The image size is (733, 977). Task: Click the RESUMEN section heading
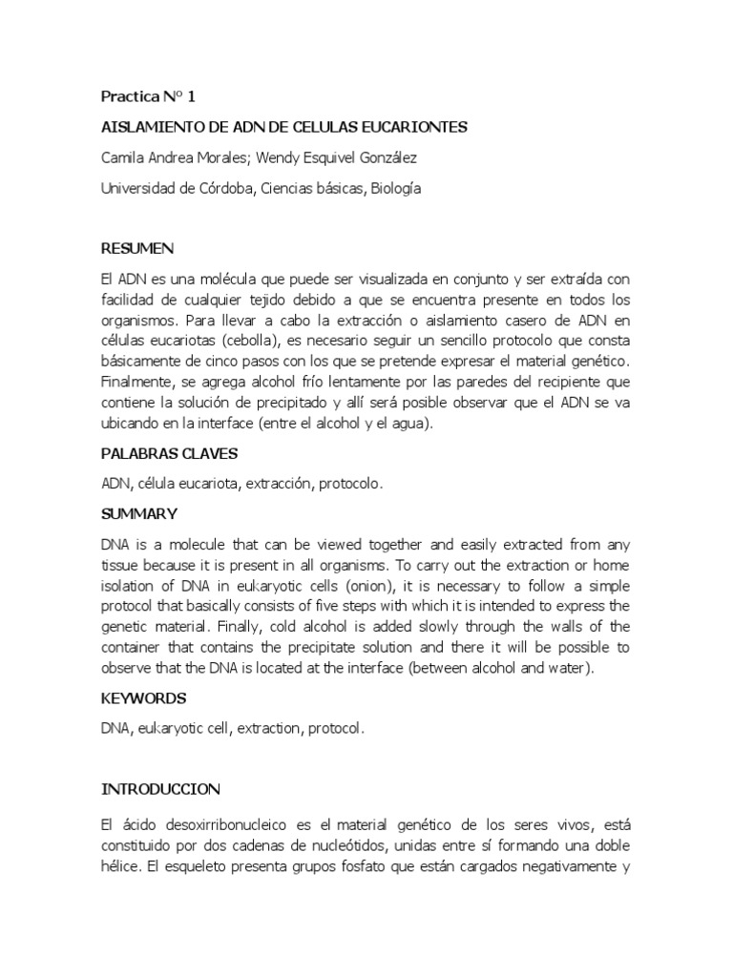click(137, 249)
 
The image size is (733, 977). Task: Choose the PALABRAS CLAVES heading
click(169, 453)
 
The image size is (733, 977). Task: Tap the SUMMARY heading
click(139, 514)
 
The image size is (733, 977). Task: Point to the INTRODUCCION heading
click(160, 789)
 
